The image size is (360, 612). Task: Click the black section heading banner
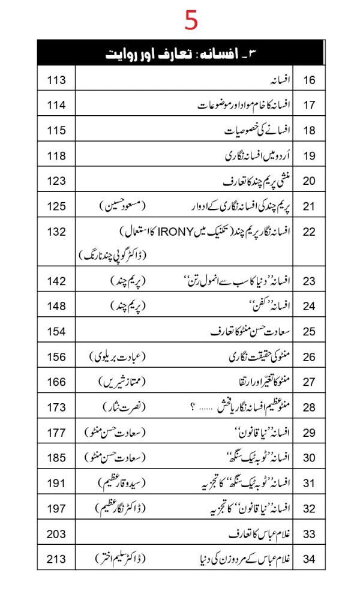[181, 52]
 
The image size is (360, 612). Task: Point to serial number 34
[309, 559]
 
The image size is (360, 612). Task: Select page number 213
[56, 559]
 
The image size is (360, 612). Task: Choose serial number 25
[309, 331]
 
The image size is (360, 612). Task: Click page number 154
[56, 331]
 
